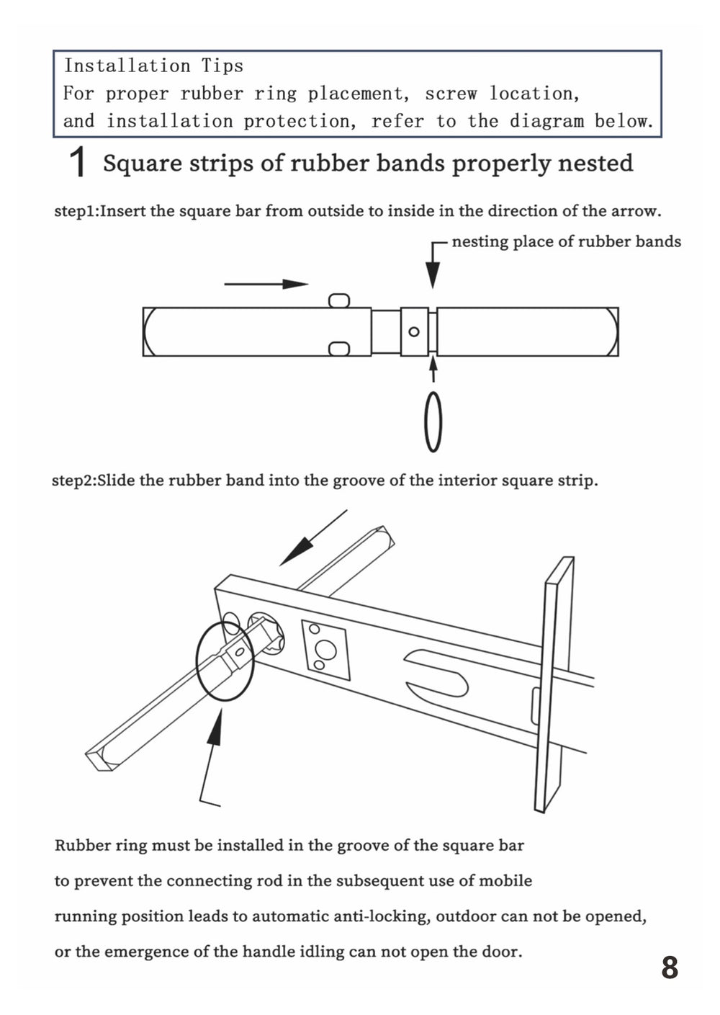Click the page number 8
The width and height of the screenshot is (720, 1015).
[x=669, y=967]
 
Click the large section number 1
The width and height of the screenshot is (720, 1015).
[x=78, y=162]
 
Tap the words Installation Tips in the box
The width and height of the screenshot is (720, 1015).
[x=153, y=66]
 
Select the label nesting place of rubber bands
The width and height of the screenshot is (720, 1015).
[x=566, y=241]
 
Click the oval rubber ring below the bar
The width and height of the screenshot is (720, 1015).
[x=433, y=422]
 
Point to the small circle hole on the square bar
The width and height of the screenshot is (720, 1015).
[x=414, y=331]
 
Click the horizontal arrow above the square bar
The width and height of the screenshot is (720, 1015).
[x=266, y=284]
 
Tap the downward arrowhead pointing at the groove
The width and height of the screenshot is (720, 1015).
[x=433, y=275]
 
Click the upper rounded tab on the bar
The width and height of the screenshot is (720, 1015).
[x=339, y=300]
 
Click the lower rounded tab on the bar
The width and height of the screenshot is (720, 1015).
[x=339, y=349]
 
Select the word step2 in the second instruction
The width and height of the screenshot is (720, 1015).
[x=73, y=480]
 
